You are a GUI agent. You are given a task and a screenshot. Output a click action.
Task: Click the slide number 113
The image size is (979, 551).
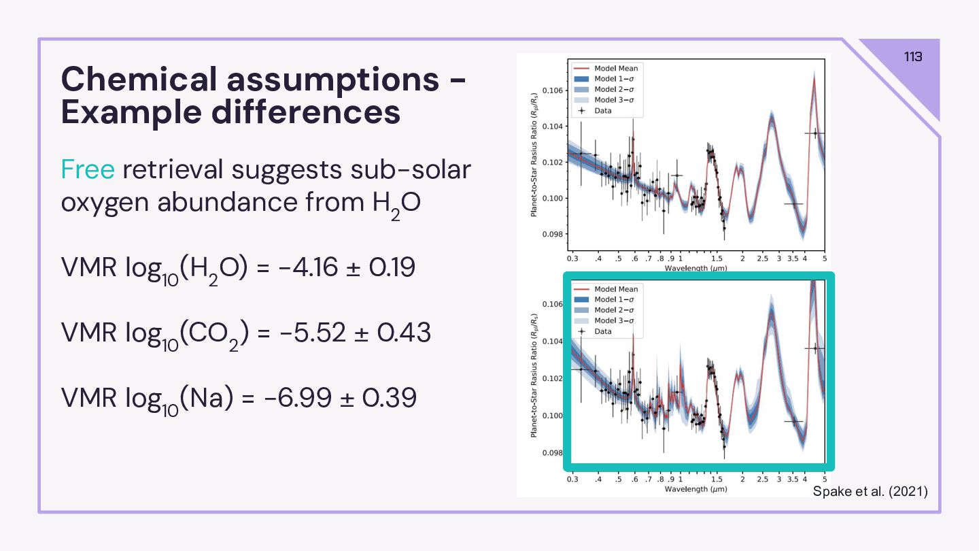pyautogui.click(x=913, y=56)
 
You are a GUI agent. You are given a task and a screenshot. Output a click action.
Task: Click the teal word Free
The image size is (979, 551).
pyautogui.click(x=88, y=169)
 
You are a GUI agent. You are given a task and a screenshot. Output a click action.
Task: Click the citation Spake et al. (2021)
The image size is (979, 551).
pyautogui.click(x=870, y=491)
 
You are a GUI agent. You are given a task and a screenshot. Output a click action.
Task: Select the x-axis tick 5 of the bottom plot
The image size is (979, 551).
pyautogui.click(x=824, y=480)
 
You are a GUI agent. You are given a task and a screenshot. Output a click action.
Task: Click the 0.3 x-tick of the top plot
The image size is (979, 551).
pyautogui.click(x=572, y=259)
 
